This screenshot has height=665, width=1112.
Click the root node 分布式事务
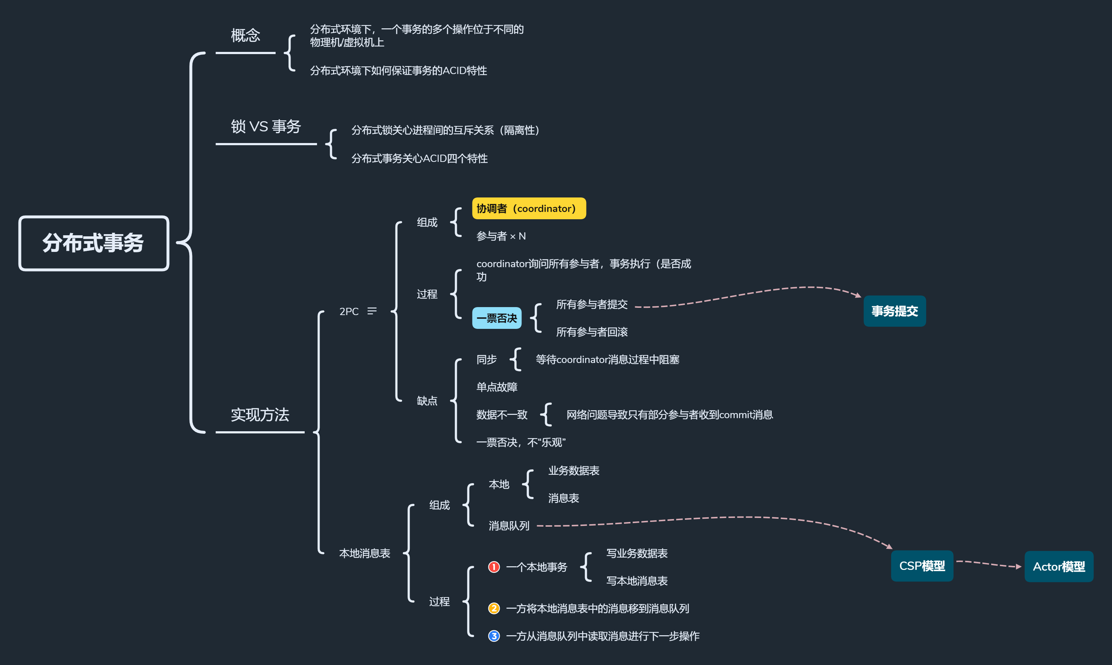(93, 243)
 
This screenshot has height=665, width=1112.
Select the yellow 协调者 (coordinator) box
(528, 208)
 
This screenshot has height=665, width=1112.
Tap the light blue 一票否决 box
(496, 318)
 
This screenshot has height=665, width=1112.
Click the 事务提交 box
(894, 311)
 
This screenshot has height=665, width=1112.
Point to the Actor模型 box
(1058, 566)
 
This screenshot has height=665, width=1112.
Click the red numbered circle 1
(494, 567)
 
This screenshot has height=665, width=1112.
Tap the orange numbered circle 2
(494, 608)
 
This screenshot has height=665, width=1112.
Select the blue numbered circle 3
(494, 636)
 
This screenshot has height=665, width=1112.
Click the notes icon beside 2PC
(372, 311)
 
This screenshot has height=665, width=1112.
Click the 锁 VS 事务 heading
(265, 126)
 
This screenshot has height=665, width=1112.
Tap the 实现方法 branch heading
(260, 415)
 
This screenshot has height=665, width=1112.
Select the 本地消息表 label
(364, 554)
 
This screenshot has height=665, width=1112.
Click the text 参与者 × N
(501, 236)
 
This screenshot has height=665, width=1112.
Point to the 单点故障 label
(496, 387)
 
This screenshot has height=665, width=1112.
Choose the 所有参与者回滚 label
(592, 332)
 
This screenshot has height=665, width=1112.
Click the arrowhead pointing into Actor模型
(1018, 566)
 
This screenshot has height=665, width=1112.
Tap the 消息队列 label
(509, 526)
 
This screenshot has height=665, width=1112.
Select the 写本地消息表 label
(637, 581)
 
